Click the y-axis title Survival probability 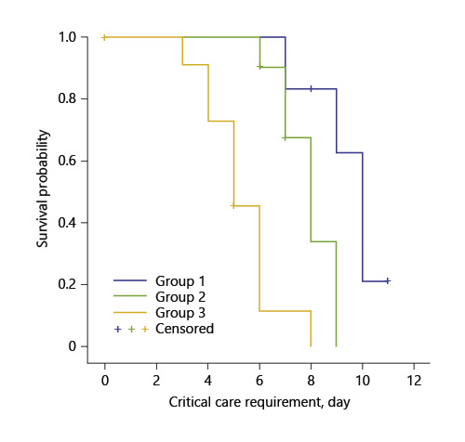[x=43, y=192]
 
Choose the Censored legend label [x=186, y=329]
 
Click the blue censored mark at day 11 [x=388, y=280]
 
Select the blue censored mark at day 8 [x=311, y=89]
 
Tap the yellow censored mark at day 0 [x=105, y=37]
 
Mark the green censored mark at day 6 [x=260, y=67]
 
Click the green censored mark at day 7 [x=286, y=137]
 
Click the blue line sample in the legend [x=130, y=279]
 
